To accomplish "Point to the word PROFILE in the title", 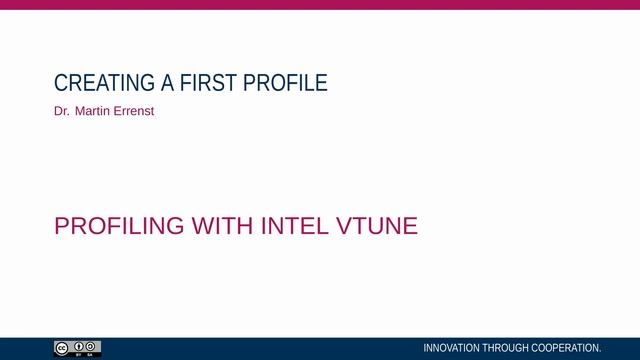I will (281, 83).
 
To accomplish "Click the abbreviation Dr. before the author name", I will (61, 111).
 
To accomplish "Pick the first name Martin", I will (93, 111).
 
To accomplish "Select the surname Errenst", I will (134, 111).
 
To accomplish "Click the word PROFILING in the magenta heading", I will (119, 226).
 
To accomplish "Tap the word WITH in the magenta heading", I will (224, 226).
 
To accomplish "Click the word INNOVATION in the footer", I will (452, 348).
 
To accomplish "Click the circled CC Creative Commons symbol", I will (62, 346).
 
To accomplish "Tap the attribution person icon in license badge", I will (77, 346).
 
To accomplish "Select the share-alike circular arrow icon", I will (91, 346).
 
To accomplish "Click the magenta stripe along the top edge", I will (320, 4).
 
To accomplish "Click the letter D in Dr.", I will (58, 111).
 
